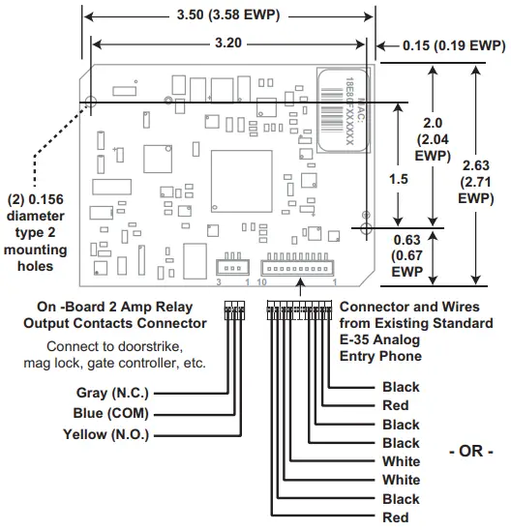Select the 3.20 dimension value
pos(227,43)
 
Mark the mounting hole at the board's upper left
pos(90,102)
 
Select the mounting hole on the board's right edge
pos(364,226)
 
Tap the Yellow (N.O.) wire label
pos(105,434)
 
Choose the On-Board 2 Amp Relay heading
pos(125,307)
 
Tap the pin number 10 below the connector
pos(261,282)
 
